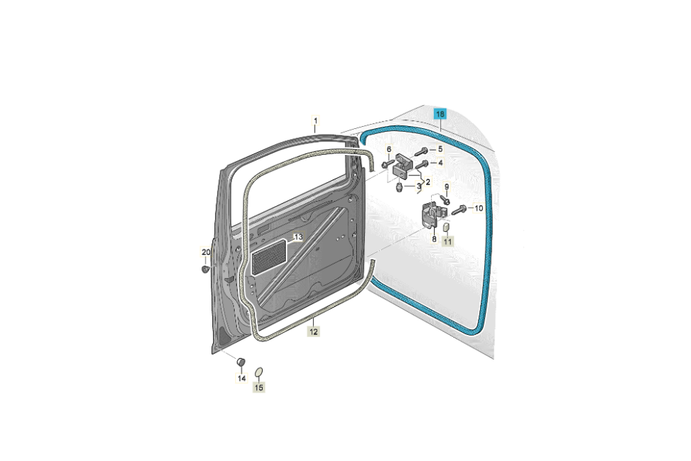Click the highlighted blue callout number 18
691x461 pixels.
(x=441, y=115)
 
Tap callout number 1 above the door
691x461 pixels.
(x=315, y=120)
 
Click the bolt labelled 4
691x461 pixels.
(x=422, y=164)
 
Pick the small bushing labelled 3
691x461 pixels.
(x=399, y=188)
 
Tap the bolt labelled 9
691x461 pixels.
(x=445, y=200)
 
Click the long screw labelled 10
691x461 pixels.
(x=459, y=211)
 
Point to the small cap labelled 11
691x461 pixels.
(x=446, y=228)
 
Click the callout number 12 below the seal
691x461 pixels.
(x=313, y=331)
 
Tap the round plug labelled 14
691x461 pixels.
(x=240, y=362)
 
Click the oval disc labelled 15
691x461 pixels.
(x=259, y=373)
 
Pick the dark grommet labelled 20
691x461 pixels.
(x=205, y=269)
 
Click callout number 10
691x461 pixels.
(x=479, y=208)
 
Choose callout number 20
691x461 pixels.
(x=206, y=252)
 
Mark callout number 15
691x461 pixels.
(x=258, y=388)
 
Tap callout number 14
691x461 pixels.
(x=242, y=378)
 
